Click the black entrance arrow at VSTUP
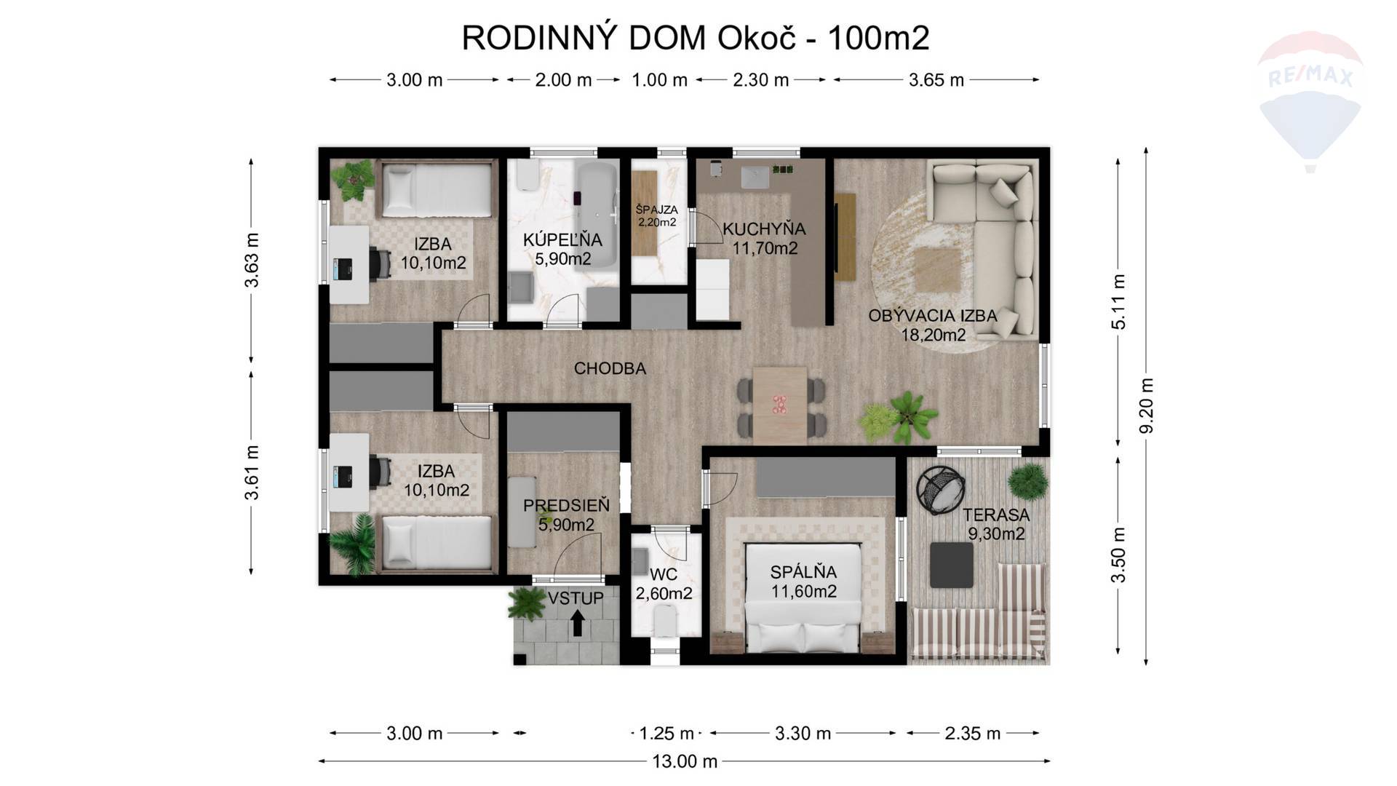(x=577, y=623)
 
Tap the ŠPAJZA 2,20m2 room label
(x=657, y=215)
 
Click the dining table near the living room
(x=780, y=405)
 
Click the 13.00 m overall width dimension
(x=684, y=761)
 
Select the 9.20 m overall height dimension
(x=1146, y=405)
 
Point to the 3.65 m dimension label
(x=936, y=80)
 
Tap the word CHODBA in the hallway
(x=610, y=368)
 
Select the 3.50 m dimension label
(x=1119, y=555)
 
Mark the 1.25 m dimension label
(x=666, y=734)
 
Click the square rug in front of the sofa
(x=937, y=270)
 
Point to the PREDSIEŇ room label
(x=566, y=505)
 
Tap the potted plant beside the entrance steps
(x=527, y=603)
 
